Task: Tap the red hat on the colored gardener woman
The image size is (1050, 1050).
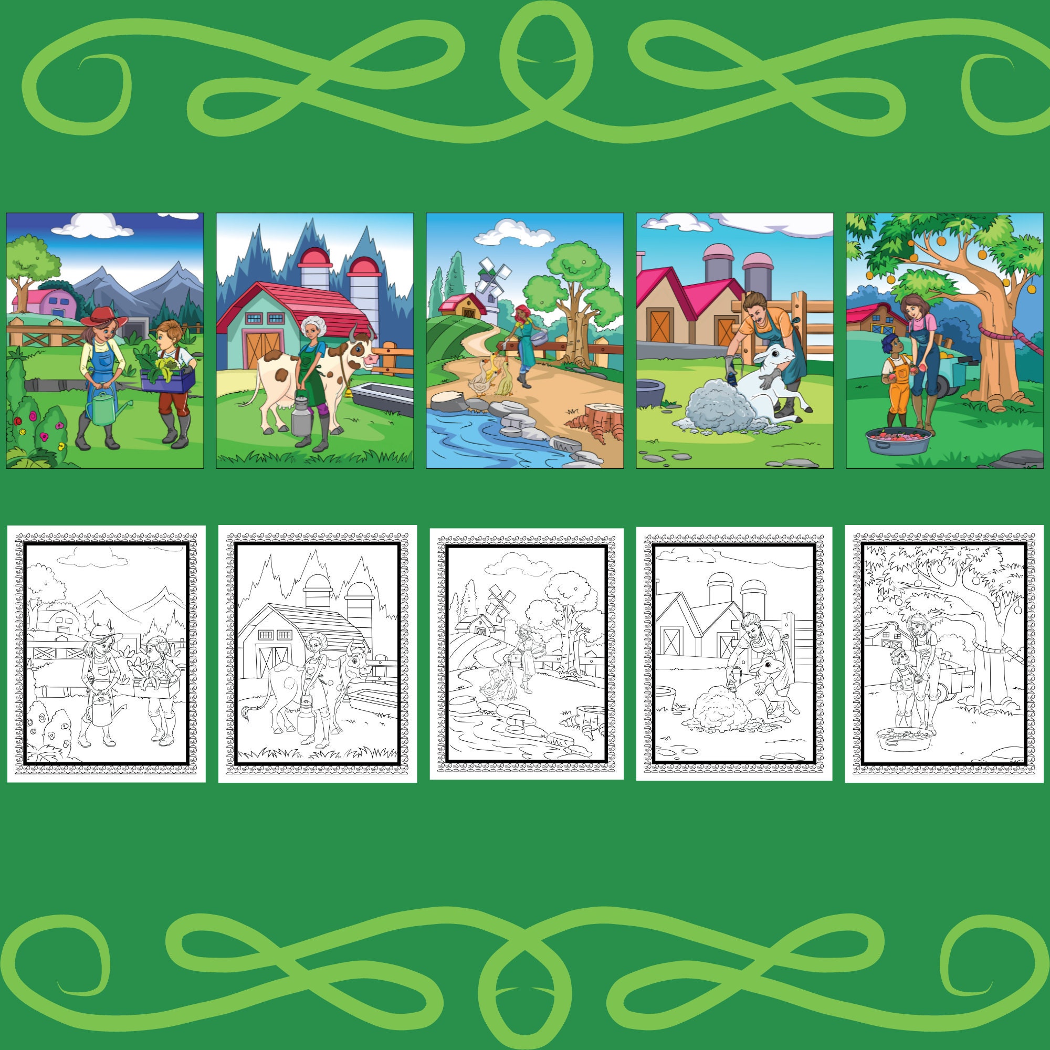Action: point(104,317)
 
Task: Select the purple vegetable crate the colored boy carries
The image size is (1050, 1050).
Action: point(167,379)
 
